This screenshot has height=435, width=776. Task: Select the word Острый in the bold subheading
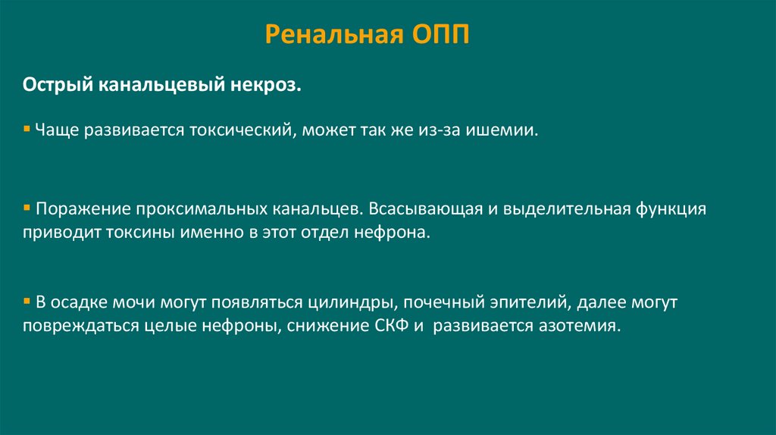point(56,85)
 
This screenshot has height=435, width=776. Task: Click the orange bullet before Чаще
point(26,129)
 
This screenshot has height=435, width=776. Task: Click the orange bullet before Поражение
point(26,206)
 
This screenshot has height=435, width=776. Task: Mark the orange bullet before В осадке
point(26,301)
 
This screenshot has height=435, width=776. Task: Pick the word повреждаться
point(79,327)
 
